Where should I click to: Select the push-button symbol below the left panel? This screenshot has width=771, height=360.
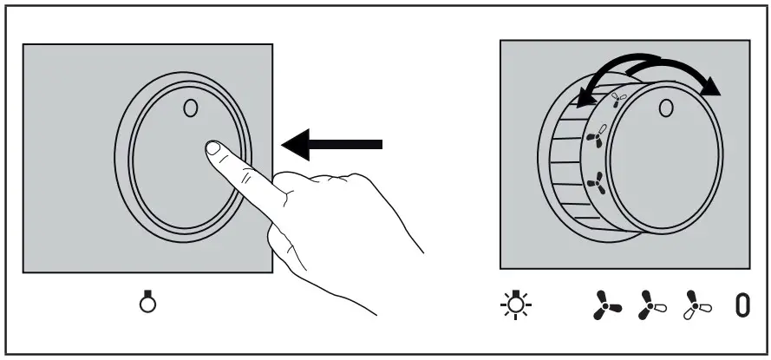pos(148,303)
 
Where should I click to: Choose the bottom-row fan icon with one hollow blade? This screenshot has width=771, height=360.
pos(650,304)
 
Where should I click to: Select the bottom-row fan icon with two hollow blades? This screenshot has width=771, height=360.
pos(693,304)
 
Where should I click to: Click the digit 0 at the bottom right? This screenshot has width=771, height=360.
pos(742,304)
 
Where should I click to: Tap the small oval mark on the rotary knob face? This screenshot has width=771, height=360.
pos(665,108)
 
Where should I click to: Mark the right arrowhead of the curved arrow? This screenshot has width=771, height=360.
pos(712,85)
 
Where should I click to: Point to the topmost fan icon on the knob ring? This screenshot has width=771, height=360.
pos(617,101)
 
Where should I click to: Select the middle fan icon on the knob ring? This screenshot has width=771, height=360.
pos(598,137)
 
